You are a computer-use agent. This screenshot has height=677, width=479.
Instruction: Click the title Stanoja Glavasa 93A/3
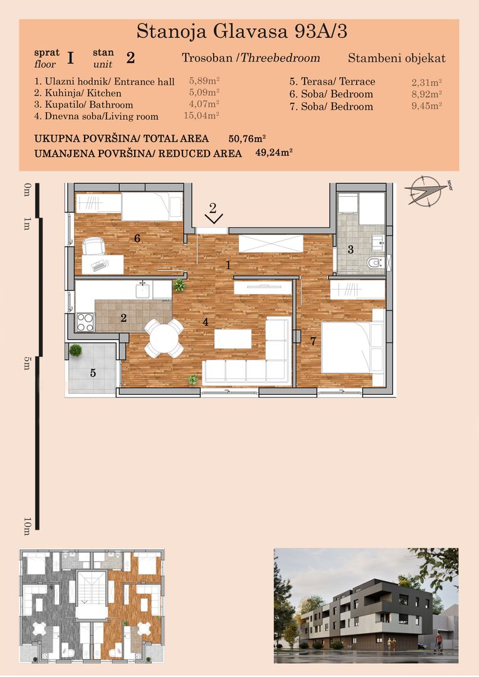click(241, 31)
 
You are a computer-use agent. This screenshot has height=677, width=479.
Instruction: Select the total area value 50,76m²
click(247, 139)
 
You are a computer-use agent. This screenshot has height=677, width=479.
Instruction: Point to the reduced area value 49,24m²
click(274, 153)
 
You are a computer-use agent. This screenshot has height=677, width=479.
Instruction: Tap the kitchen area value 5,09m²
click(204, 92)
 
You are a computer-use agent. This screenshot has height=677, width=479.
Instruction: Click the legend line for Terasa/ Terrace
click(332, 81)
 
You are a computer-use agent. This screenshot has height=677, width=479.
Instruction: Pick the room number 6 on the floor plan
click(137, 238)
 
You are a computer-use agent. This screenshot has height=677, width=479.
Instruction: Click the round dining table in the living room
click(164, 338)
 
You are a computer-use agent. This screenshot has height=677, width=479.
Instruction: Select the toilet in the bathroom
click(376, 262)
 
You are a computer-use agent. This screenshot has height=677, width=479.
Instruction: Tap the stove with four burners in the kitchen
click(85, 322)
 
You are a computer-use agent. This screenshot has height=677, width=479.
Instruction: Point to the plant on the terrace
click(76, 350)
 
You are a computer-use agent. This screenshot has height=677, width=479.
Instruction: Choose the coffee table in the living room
click(233, 339)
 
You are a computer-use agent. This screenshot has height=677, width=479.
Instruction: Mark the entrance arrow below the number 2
click(213, 219)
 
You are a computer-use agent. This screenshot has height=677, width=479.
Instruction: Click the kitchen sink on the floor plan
click(142, 290)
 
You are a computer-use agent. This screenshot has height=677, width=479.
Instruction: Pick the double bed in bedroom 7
click(352, 347)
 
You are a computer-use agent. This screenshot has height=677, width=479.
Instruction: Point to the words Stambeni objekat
click(396, 58)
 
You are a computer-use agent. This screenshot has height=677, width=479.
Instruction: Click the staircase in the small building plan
click(91, 587)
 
